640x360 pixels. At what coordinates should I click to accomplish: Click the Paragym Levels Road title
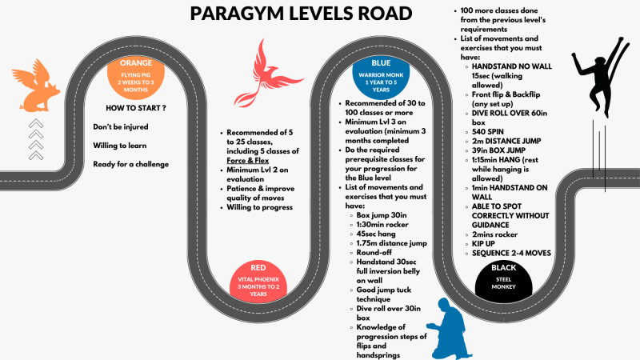301,14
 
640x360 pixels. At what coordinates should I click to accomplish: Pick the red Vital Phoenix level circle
258,282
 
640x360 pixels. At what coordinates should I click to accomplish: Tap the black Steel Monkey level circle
504,282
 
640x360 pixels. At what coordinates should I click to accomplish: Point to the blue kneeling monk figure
449,329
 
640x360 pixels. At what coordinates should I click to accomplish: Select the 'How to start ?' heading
136,108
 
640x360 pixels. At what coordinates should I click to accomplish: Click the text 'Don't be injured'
121,127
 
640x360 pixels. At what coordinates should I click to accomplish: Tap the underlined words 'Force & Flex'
248,161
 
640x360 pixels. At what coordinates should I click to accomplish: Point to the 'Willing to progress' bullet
259,207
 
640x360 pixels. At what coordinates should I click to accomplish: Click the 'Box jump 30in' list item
382,215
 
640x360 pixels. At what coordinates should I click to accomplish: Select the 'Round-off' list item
374,253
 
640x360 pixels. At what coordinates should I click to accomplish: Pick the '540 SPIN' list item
488,132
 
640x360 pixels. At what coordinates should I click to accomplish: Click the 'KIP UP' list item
483,244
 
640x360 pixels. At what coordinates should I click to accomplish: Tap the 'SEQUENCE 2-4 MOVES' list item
511,253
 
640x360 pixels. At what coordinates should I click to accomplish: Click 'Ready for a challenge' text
130,164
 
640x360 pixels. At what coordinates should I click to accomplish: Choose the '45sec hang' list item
376,234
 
